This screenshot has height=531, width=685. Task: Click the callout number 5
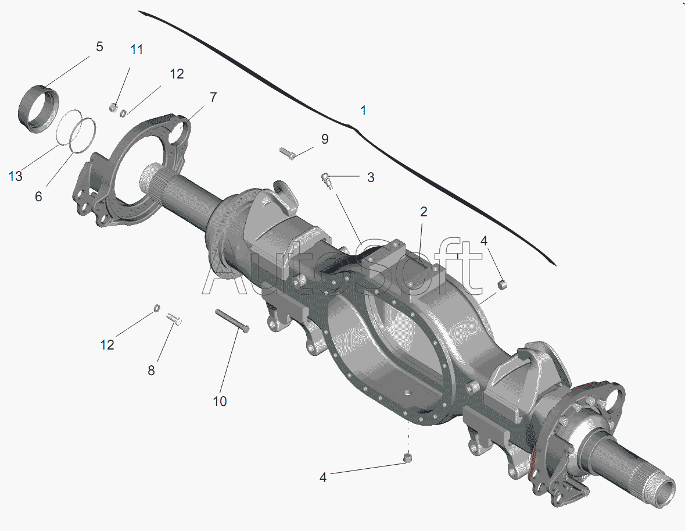(x=99, y=47)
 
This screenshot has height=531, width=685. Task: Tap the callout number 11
(x=137, y=49)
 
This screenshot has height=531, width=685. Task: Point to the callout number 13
(x=15, y=176)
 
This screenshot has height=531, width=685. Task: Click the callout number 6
(x=38, y=197)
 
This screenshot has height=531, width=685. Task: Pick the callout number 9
(x=325, y=138)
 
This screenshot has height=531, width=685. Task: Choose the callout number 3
(x=371, y=177)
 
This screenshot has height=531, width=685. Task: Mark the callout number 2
(x=424, y=212)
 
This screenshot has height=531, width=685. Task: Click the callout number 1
(x=363, y=111)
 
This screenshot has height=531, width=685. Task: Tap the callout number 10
(x=220, y=401)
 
